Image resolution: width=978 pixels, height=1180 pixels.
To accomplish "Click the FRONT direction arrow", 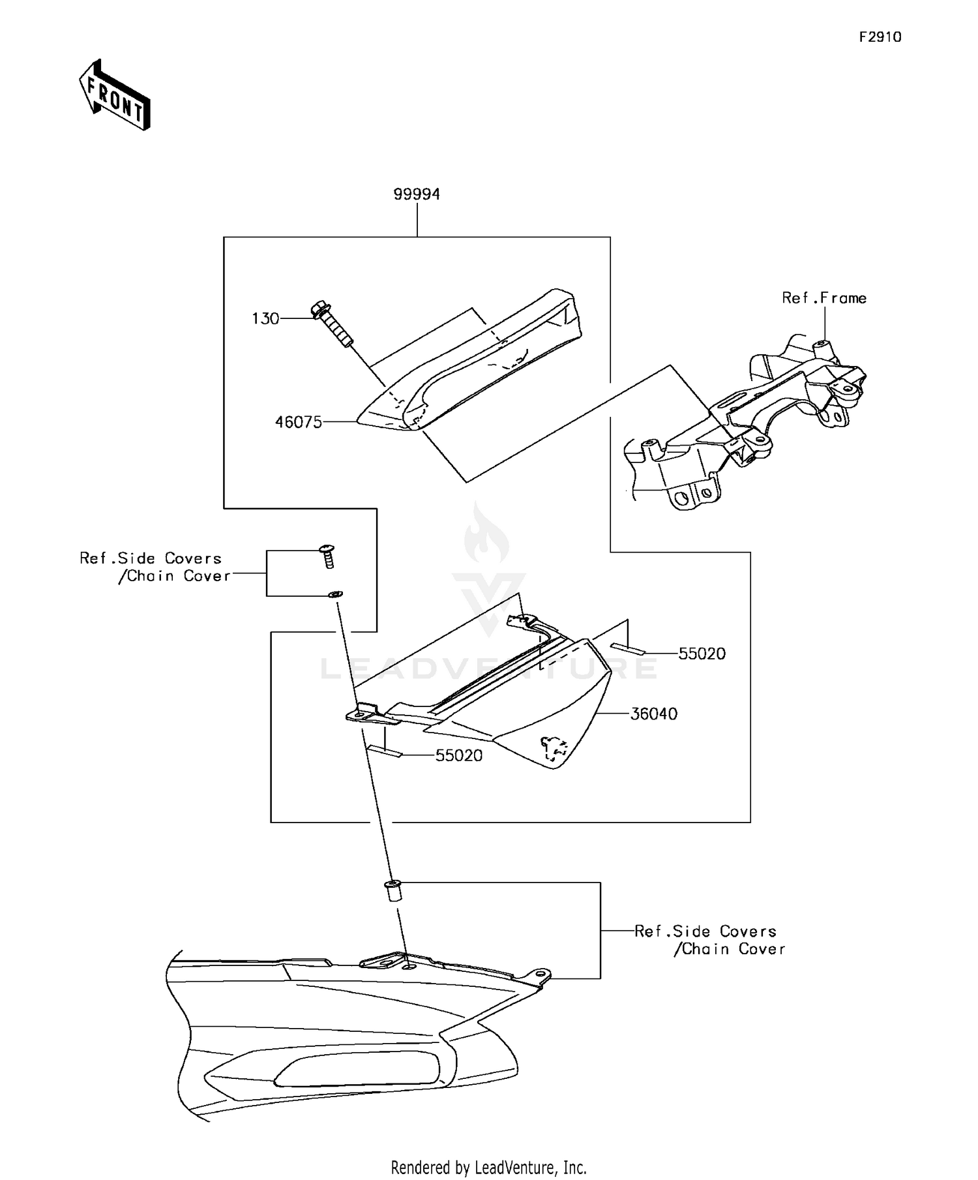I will click(115, 95).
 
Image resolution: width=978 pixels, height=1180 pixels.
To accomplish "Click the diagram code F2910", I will click(880, 37).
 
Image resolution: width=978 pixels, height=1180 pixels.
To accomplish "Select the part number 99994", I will click(417, 194).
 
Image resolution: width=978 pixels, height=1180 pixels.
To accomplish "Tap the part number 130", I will click(265, 319).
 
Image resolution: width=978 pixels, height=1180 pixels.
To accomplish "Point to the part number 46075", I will click(299, 423).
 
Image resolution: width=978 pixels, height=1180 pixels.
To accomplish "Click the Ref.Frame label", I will click(824, 298).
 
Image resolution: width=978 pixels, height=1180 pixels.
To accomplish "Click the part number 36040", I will click(653, 714).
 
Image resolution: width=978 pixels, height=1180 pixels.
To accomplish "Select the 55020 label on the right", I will click(702, 654).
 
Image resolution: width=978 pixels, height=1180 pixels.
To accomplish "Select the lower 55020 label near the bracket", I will click(459, 755).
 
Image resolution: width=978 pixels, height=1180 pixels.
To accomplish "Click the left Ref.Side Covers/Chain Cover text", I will click(155, 567).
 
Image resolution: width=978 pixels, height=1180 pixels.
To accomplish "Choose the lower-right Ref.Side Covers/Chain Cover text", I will click(709, 941).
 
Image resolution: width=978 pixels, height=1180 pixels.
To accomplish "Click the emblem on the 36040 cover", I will click(553, 749).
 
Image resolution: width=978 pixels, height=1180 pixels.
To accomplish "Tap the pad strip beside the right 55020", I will click(627, 648).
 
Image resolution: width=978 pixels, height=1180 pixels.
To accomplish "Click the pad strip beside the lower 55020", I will click(385, 750).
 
